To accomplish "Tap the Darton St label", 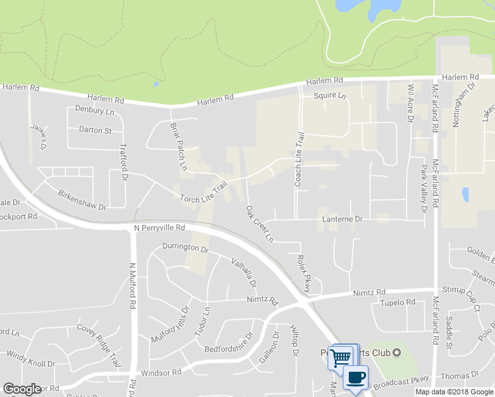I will tap(95, 130).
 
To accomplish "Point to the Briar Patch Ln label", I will tap(177, 147).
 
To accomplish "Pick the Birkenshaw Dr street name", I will tap(82, 200).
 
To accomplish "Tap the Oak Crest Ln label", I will tap(259, 223).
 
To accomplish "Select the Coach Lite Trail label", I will tap(299, 159).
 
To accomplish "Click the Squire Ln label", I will tap(330, 95).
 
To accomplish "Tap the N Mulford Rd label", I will tap(132, 286).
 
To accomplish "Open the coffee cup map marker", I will tap(355, 378).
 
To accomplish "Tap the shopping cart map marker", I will tap(341, 358).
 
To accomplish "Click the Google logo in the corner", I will tap(22, 389).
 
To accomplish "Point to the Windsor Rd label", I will tap(161, 373).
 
